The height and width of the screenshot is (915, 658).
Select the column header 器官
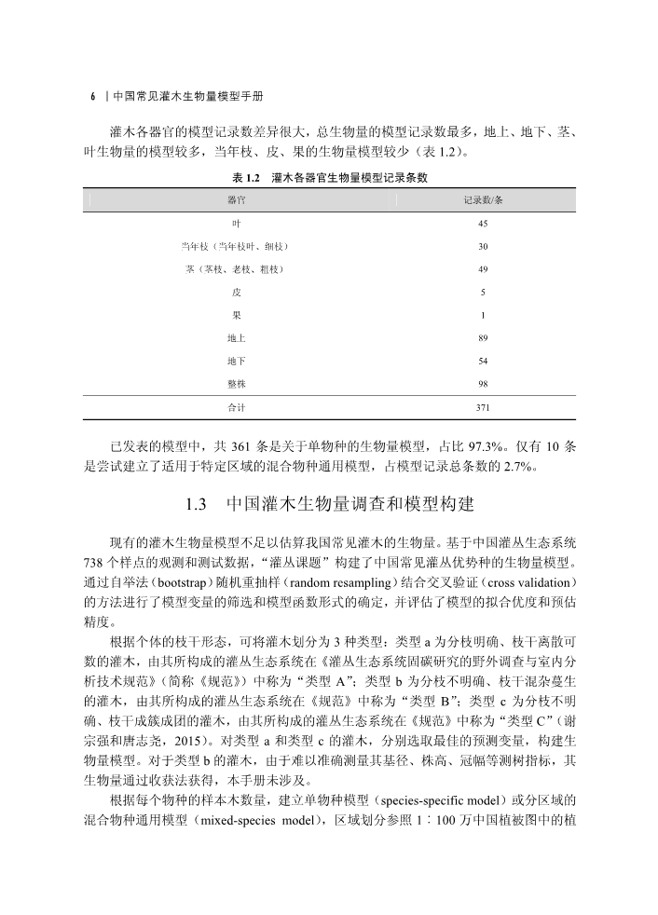click(236, 200)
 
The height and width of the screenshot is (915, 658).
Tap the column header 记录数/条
click(483, 200)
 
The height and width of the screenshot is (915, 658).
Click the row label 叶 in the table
click(236, 224)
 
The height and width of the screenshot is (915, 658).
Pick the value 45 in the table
click(483, 224)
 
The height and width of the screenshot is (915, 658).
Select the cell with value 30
click(483, 247)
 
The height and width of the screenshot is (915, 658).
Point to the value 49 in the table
click(483, 269)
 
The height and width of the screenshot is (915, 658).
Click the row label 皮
click(236, 293)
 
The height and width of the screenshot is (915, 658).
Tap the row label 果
click(236, 315)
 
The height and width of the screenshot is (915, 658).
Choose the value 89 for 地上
click(483, 338)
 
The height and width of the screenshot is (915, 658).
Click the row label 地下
click(236, 361)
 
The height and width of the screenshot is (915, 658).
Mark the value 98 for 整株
click(483, 384)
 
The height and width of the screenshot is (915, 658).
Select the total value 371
click(483, 408)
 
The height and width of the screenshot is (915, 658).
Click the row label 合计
click(236, 408)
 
